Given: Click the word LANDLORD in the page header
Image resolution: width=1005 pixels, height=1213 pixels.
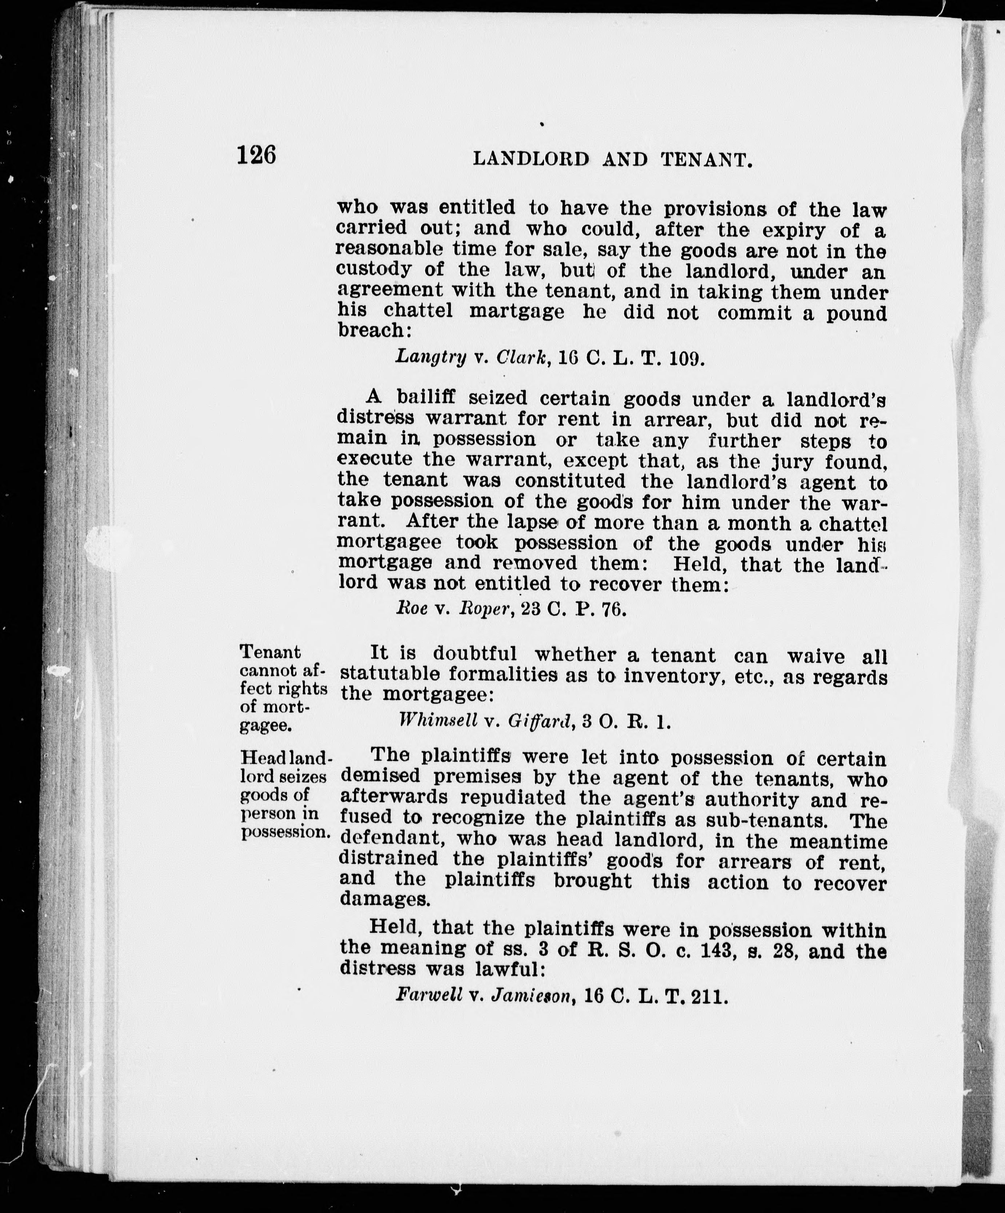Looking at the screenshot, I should coord(531,159).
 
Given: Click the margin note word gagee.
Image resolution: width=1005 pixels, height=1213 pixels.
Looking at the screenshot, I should coord(265,725).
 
